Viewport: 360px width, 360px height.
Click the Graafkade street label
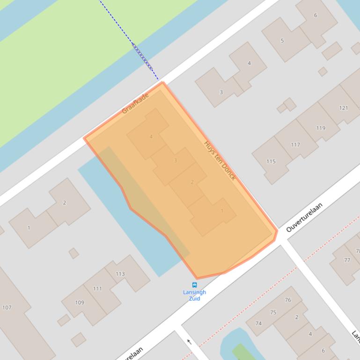(x=135, y=103)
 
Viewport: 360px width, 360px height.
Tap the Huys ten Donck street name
(x=220, y=160)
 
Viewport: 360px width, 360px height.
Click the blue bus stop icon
(x=194, y=285)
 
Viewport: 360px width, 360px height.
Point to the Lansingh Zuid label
(x=194, y=295)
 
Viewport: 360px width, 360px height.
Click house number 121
(x=344, y=108)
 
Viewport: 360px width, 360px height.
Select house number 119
(x=321, y=128)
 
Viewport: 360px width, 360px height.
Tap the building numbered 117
(x=295, y=144)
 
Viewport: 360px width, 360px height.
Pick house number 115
(x=271, y=161)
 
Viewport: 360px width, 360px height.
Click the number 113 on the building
(x=120, y=274)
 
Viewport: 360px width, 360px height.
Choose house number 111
(x=97, y=288)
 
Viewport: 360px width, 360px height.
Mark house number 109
(x=80, y=302)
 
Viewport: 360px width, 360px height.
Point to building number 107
(x=7, y=307)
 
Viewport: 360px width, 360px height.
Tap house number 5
(x=282, y=41)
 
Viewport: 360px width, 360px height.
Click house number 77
(x=347, y=260)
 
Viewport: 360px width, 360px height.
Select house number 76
(x=287, y=300)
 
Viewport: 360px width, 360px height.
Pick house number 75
(x=273, y=313)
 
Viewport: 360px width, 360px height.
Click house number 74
(x=258, y=324)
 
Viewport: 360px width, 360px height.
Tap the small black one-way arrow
(x=189, y=342)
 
